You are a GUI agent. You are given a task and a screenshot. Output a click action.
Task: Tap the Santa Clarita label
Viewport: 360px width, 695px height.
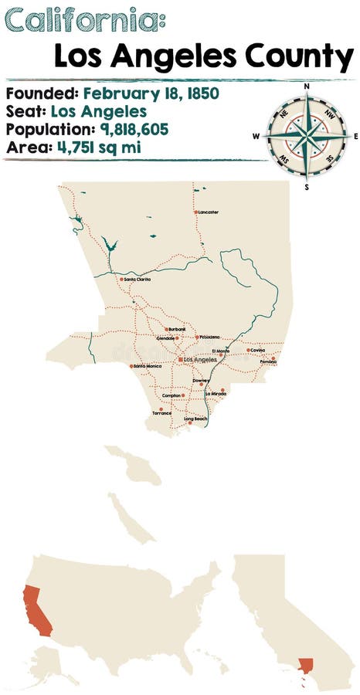click(138, 279)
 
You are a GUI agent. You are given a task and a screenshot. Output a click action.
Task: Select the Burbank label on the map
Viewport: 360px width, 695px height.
click(177, 329)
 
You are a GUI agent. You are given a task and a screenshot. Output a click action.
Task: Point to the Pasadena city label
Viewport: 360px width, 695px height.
click(209, 337)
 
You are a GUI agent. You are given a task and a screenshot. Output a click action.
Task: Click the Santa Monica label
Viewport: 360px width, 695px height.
click(147, 366)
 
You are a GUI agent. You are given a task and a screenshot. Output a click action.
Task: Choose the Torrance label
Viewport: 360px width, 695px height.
click(161, 413)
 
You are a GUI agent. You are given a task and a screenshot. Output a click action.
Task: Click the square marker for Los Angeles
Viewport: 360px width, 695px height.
click(179, 359)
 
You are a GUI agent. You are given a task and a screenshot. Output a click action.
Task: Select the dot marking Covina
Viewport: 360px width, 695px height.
click(249, 350)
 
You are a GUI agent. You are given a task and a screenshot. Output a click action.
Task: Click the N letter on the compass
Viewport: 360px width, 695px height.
click(307, 86)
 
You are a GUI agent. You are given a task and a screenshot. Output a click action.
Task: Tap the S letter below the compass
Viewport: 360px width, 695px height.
click(307, 186)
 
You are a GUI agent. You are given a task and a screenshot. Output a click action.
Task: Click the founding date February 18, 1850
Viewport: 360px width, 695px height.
click(151, 93)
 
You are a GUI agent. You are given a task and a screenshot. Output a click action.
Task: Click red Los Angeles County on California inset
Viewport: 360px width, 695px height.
click(307, 666)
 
